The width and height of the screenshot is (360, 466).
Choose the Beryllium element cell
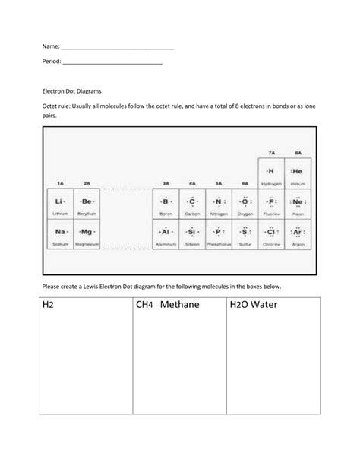pos(87,204)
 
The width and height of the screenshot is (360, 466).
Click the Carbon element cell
pos(192,204)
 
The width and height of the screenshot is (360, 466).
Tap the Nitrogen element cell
pos(219,204)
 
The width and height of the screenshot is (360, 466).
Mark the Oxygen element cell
pos(245,204)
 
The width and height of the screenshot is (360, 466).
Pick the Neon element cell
pos(298,204)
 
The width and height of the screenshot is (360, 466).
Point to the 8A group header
pos(298,151)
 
